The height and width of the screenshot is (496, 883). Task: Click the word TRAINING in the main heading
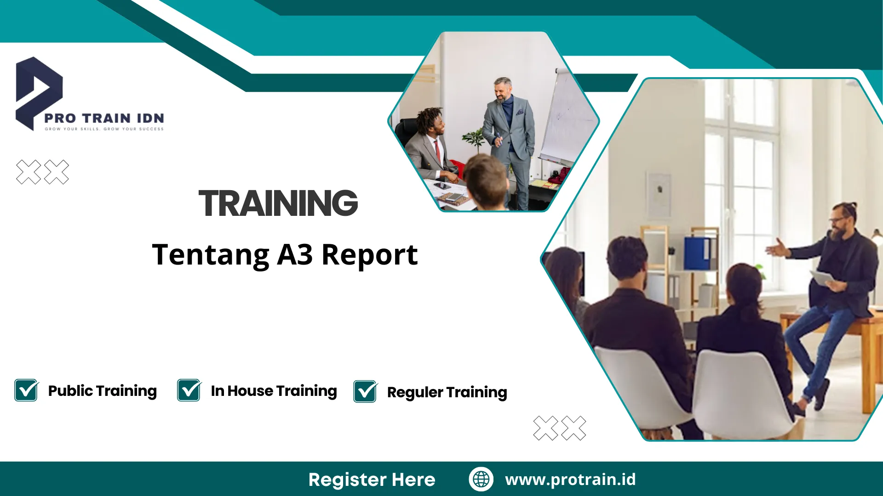click(x=278, y=203)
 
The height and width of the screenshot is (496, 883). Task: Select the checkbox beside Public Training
click(x=26, y=390)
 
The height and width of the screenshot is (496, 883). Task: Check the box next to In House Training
click(x=189, y=390)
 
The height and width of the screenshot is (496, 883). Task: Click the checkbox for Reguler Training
click(x=365, y=392)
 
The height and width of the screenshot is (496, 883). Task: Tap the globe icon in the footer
click(x=481, y=479)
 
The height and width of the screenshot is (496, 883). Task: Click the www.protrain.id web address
click(x=570, y=479)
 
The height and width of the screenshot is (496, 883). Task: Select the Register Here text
click(x=372, y=479)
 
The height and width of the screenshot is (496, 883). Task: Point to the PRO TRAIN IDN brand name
click(x=104, y=118)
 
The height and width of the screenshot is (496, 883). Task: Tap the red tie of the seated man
click(x=437, y=152)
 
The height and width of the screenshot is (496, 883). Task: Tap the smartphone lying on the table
click(x=442, y=186)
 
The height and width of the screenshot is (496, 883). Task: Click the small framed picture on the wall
click(x=659, y=193)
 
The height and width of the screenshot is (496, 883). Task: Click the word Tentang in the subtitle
click(x=211, y=255)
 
